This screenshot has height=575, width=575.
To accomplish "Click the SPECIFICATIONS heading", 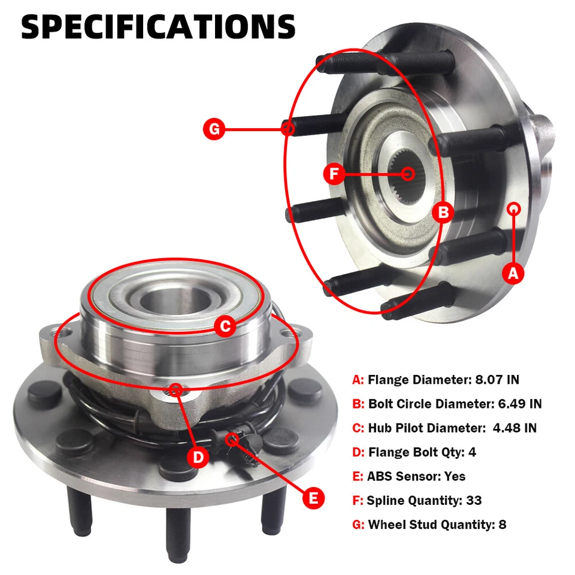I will (x=159, y=27).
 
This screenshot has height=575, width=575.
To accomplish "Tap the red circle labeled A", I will (x=512, y=274).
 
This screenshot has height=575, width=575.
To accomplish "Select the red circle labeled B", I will (x=443, y=212).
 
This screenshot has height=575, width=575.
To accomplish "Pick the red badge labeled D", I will (x=198, y=458).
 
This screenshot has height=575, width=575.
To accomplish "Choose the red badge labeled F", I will (x=334, y=174).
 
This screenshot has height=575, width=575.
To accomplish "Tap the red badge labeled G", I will (x=214, y=128).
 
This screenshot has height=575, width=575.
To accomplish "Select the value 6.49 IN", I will (x=520, y=404).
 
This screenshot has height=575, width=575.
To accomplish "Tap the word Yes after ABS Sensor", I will (x=455, y=476).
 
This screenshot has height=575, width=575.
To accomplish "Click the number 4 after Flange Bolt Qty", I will (x=472, y=452).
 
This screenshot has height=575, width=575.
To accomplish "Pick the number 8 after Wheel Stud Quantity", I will (x=502, y=525).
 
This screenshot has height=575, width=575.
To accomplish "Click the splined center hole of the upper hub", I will (x=409, y=174).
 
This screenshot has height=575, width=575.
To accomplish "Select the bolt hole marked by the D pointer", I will (x=175, y=391).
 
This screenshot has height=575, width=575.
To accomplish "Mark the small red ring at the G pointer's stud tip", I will (x=289, y=128).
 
